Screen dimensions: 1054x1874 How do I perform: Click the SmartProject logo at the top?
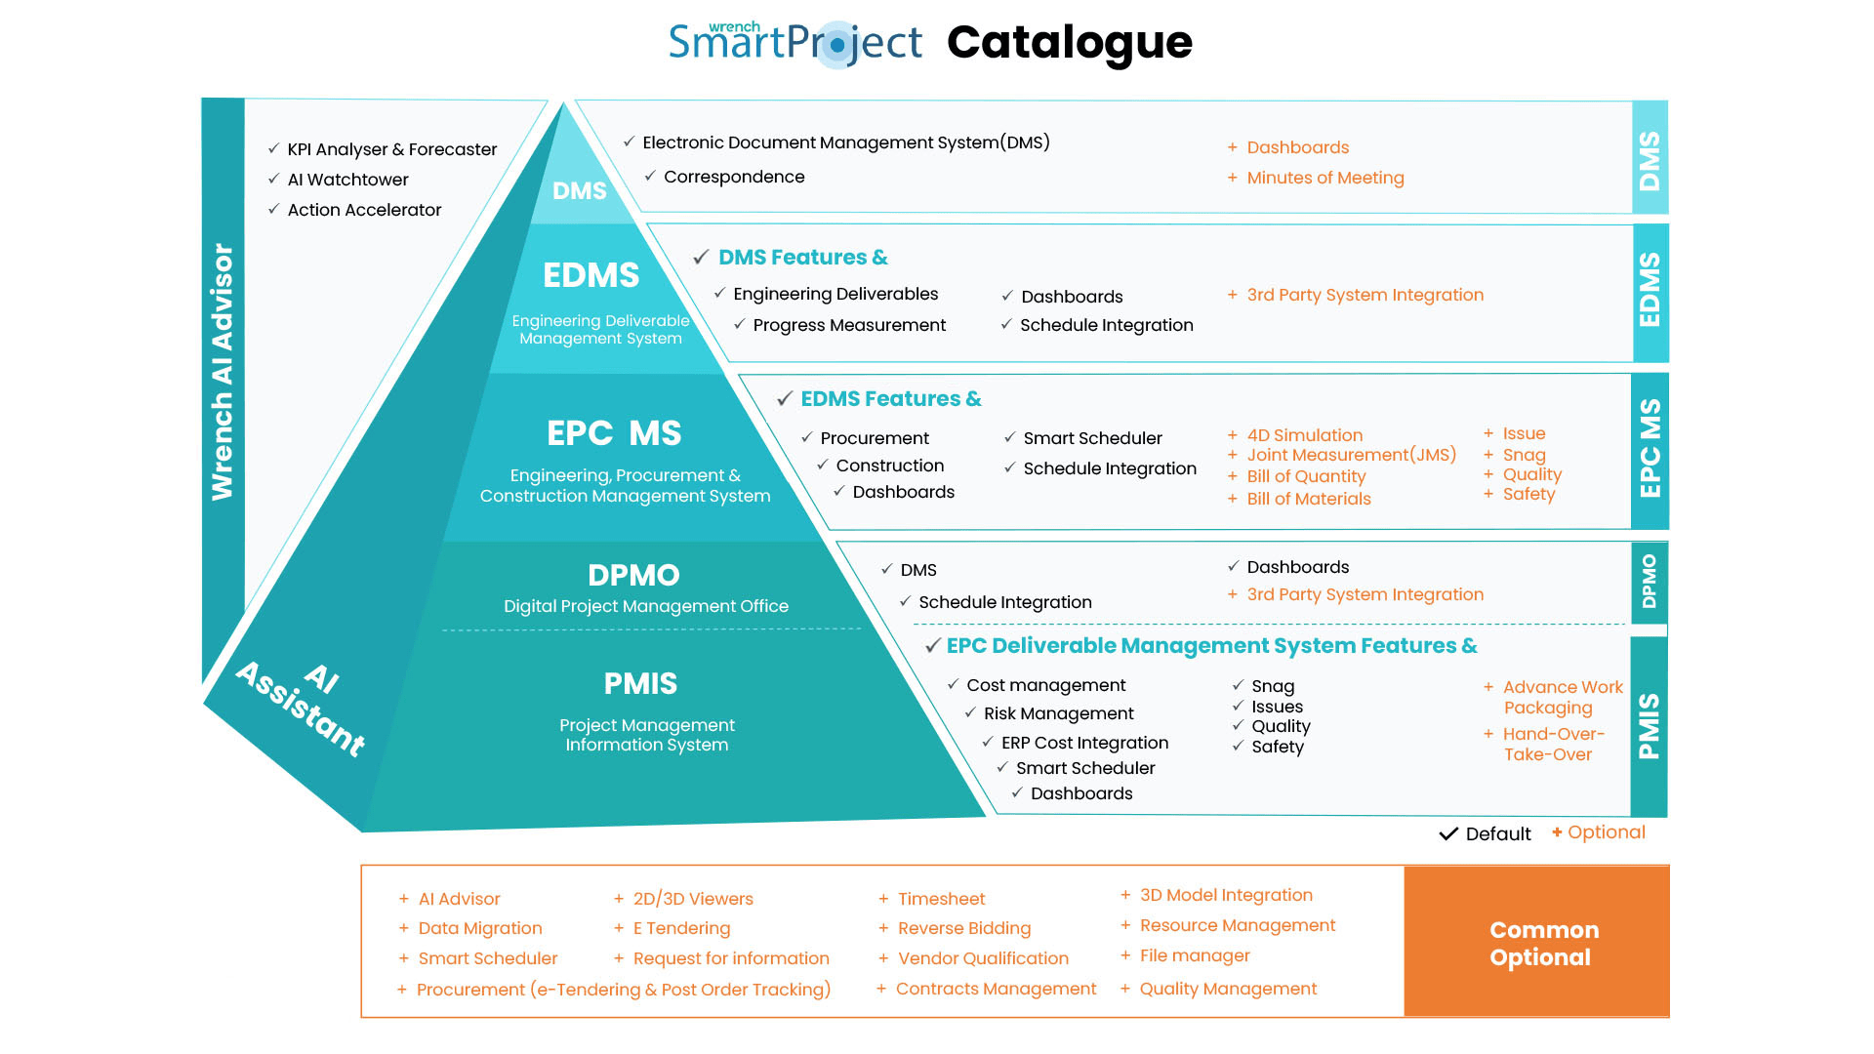click(x=794, y=43)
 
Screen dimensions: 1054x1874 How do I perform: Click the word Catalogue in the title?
click(x=1069, y=43)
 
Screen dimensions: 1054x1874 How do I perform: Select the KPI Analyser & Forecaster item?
click(x=391, y=149)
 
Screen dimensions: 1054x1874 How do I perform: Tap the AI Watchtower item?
click(x=347, y=180)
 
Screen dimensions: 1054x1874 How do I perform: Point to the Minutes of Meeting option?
click(x=1324, y=178)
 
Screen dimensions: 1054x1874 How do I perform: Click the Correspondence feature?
click(x=733, y=177)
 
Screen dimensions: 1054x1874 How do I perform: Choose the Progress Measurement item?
click(x=848, y=325)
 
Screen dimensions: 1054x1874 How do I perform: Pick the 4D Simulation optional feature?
click(x=1304, y=435)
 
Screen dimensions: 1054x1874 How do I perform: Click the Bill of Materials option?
click(x=1308, y=499)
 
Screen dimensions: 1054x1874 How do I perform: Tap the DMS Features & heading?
click(x=802, y=258)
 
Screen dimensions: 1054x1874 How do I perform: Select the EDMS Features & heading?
click(x=890, y=399)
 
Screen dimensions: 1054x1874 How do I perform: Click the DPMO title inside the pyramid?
click(x=633, y=575)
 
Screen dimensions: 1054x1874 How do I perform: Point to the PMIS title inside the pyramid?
click(x=640, y=683)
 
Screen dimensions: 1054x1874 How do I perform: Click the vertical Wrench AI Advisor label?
click(x=223, y=371)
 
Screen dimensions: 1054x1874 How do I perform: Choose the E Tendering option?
click(x=681, y=928)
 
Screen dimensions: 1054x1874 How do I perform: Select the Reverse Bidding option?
click(x=963, y=928)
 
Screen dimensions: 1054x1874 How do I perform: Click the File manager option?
click(x=1194, y=955)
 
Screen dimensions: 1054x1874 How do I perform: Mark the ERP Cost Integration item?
click(x=1083, y=743)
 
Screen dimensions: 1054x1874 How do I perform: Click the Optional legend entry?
click(x=1605, y=832)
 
